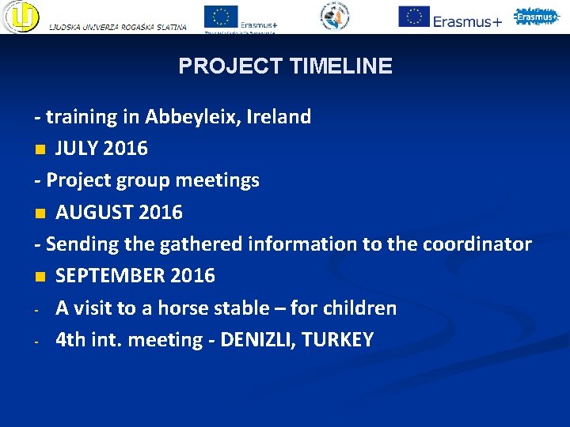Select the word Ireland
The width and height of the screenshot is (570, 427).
click(x=279, y=117)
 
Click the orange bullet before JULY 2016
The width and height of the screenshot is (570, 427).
click(x=40, y=149)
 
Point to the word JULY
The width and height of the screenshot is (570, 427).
click(x=79, y=149)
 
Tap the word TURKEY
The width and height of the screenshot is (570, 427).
click(x=340, y=340)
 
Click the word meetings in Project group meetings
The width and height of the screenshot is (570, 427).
click(x=217, y=181)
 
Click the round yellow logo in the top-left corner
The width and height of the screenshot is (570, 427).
click(x=21, y=17)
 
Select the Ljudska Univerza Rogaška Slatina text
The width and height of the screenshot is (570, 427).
click(x=118, y=27)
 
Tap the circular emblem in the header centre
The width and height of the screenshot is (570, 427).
click(x=334, y=17)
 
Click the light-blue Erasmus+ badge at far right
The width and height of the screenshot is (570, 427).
click(x=536, y=16)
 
